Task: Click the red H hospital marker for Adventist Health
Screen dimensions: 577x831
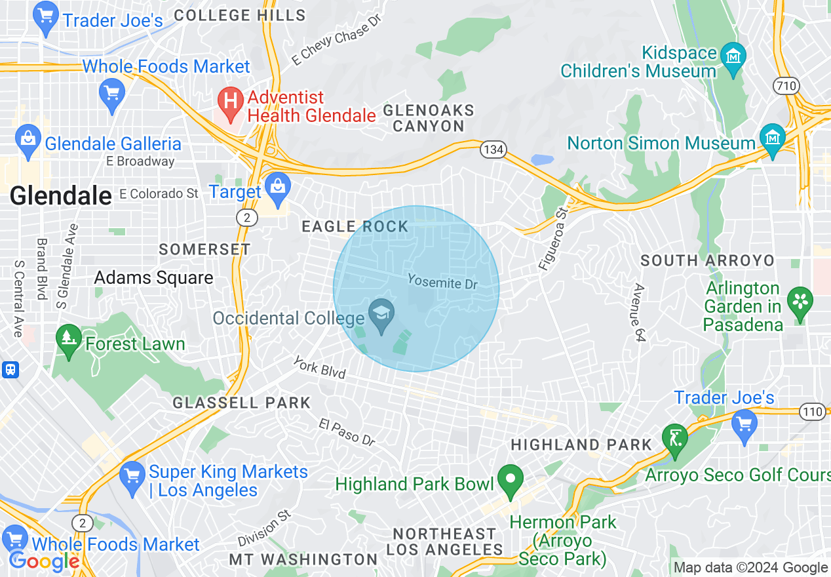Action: coord(230,101)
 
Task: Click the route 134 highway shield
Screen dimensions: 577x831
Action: coord(493,149)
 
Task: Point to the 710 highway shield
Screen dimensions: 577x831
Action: coord(784,85)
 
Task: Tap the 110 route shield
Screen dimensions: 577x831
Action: coord(812,412)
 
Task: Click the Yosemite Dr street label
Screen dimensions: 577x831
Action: coord(442,281)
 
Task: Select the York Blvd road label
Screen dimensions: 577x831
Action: coord(319,367)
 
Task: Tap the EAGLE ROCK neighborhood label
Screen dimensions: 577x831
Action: coord(355,227)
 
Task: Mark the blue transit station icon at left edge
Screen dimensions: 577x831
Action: coord(10,370)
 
